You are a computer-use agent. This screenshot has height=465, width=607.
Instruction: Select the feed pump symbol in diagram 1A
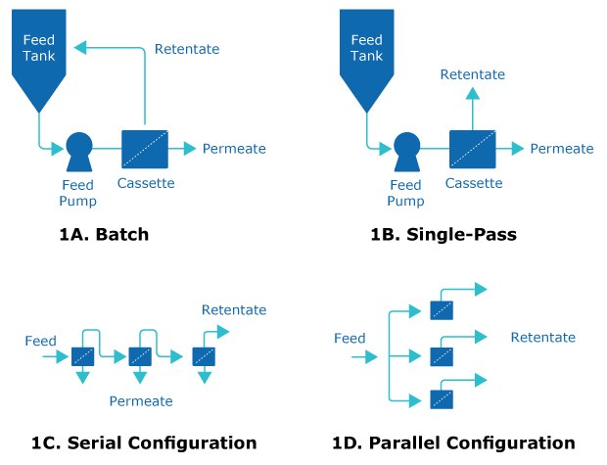pyautogui.click(x=79, y=150)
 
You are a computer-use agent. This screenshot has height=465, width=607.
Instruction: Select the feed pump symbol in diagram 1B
pyautogui.click(x=407, y=150)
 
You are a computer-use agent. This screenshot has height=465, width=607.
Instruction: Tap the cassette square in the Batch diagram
pyautogui.click(x=145, y=149)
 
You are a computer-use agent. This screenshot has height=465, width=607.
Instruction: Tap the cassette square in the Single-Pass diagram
pyautogui.click(x=473, y=149)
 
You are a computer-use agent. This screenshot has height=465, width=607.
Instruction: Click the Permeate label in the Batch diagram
pyautogui.click(x=234, y=149)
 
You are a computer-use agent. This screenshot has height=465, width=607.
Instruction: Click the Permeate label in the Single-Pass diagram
pyautogui.click(x=562, y=149)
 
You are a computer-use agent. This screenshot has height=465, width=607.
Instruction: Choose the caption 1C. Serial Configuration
pyautogui.click(x=142, y=442)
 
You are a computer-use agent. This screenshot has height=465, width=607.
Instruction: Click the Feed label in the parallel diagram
pyautogui.click(x=350, y=339)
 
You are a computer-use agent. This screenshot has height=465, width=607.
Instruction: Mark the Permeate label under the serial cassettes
pyautogui.click(x=141, y=400)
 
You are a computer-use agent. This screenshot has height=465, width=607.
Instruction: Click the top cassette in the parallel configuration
pyautogui.click(x=443, y=310)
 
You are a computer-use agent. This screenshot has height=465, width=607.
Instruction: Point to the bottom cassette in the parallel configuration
pyautogui.click(x=443, y=398)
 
